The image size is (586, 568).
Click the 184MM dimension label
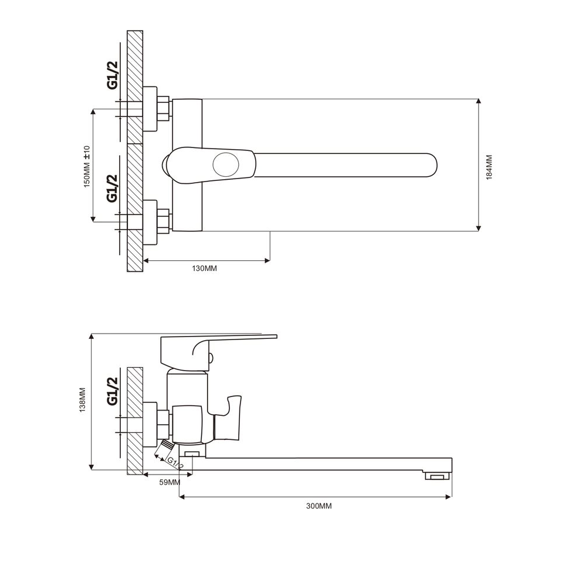pos(489,167)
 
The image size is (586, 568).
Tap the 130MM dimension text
pos(205,268)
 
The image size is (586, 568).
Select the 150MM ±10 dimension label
pos(87,166)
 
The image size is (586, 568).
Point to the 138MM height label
pos(83,400)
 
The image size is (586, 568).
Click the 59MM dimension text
pos(170,482)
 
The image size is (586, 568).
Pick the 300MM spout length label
pos(319,506)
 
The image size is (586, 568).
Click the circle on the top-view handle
pos(226,164)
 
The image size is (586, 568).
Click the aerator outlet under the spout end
pos(436,476)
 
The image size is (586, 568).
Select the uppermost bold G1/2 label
pos(112,75)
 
